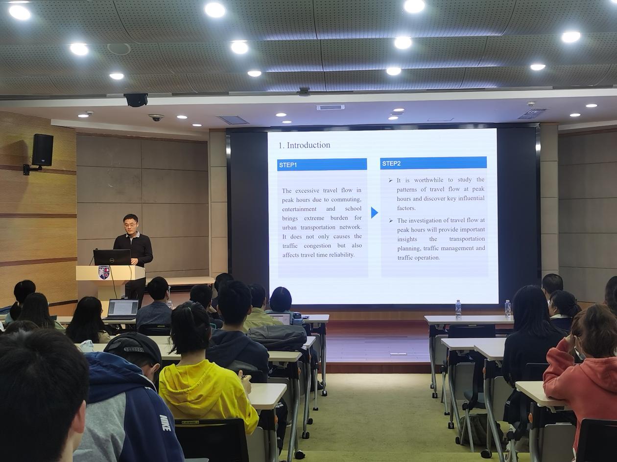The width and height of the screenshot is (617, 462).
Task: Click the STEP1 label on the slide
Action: pyautogui.click(x=288, y=165)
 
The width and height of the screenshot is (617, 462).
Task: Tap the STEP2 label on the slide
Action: pyautogui.click(x=391, y=164)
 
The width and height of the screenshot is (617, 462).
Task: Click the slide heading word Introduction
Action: pyautogui.click(x=308, y=145)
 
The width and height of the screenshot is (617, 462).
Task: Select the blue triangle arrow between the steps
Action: pyautogui.click(x=375, y=213)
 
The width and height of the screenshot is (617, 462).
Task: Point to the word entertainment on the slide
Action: pyautogui.click(x=299, y=209)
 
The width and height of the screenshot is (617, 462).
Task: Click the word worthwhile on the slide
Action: pyautogui.click(x=428, y=180)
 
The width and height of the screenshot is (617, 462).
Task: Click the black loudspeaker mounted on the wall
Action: pyautogui.click(x=43, y=150)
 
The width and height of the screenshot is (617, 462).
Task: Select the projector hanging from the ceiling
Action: pyautogui.click(x=136, y=100)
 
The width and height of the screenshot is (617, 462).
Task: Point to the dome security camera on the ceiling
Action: pyautogui.click(x=156, y=117)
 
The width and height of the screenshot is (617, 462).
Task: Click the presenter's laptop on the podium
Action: pyautogui.click(x=112, y=257)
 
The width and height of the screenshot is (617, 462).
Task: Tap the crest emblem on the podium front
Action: pyautogui.click(x=104, y=272)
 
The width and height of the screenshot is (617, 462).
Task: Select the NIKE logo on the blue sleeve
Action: pyautogui.click(x=164, y=422)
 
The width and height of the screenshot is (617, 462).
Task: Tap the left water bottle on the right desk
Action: pyautogui.click(x=458, y=308)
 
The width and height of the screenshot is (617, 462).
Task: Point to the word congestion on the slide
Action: pyautogui.click(x=317, y=246)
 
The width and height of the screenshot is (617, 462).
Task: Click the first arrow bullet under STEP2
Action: pyautogui.click(x=390, y=180)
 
